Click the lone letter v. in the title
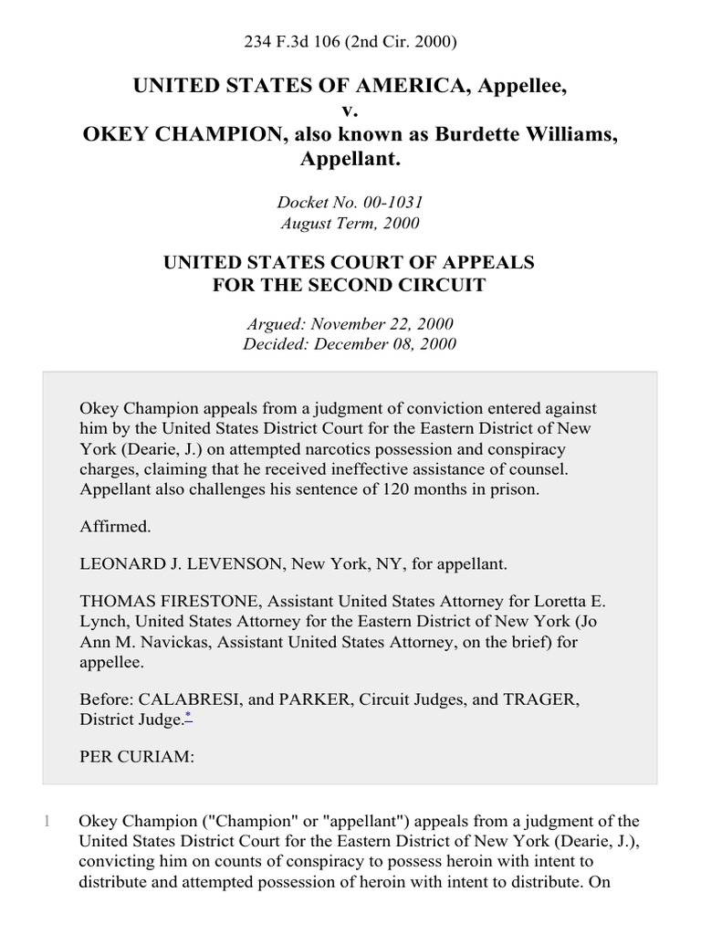[350, 111]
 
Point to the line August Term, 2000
[350, 222]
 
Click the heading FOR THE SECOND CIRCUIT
[350, 285]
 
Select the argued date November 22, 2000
[382, 323]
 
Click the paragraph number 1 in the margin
[46, 820]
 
